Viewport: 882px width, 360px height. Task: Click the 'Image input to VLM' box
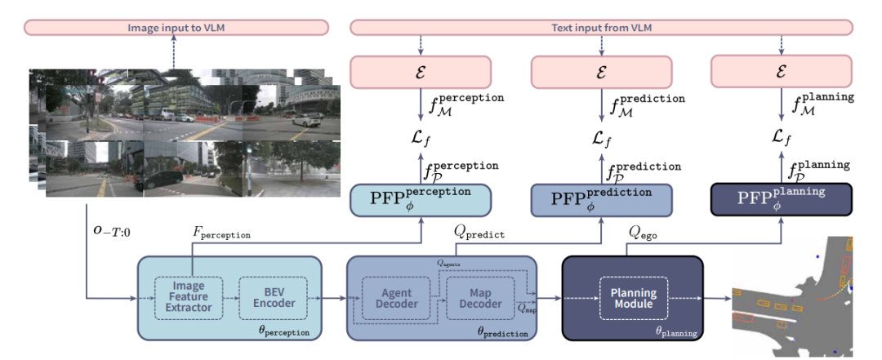[x=176, y=28]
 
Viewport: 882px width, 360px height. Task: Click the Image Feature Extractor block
[x=189, y=296]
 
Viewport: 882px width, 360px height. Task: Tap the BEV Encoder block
[x=272, y=296]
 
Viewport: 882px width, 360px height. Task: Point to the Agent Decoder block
[x=395, y=298]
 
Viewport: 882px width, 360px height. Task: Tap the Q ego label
[x=644, y=232]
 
